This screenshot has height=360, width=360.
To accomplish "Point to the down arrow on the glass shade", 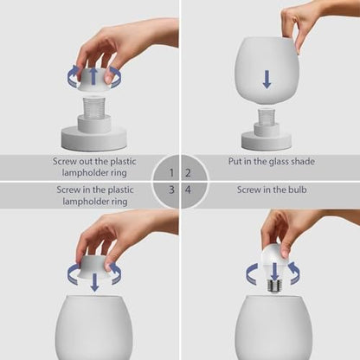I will (x=267, y=80).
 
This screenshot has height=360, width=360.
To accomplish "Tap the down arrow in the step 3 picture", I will (x=93, y=281).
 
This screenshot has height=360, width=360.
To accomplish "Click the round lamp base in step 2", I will (x=267, y=141).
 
